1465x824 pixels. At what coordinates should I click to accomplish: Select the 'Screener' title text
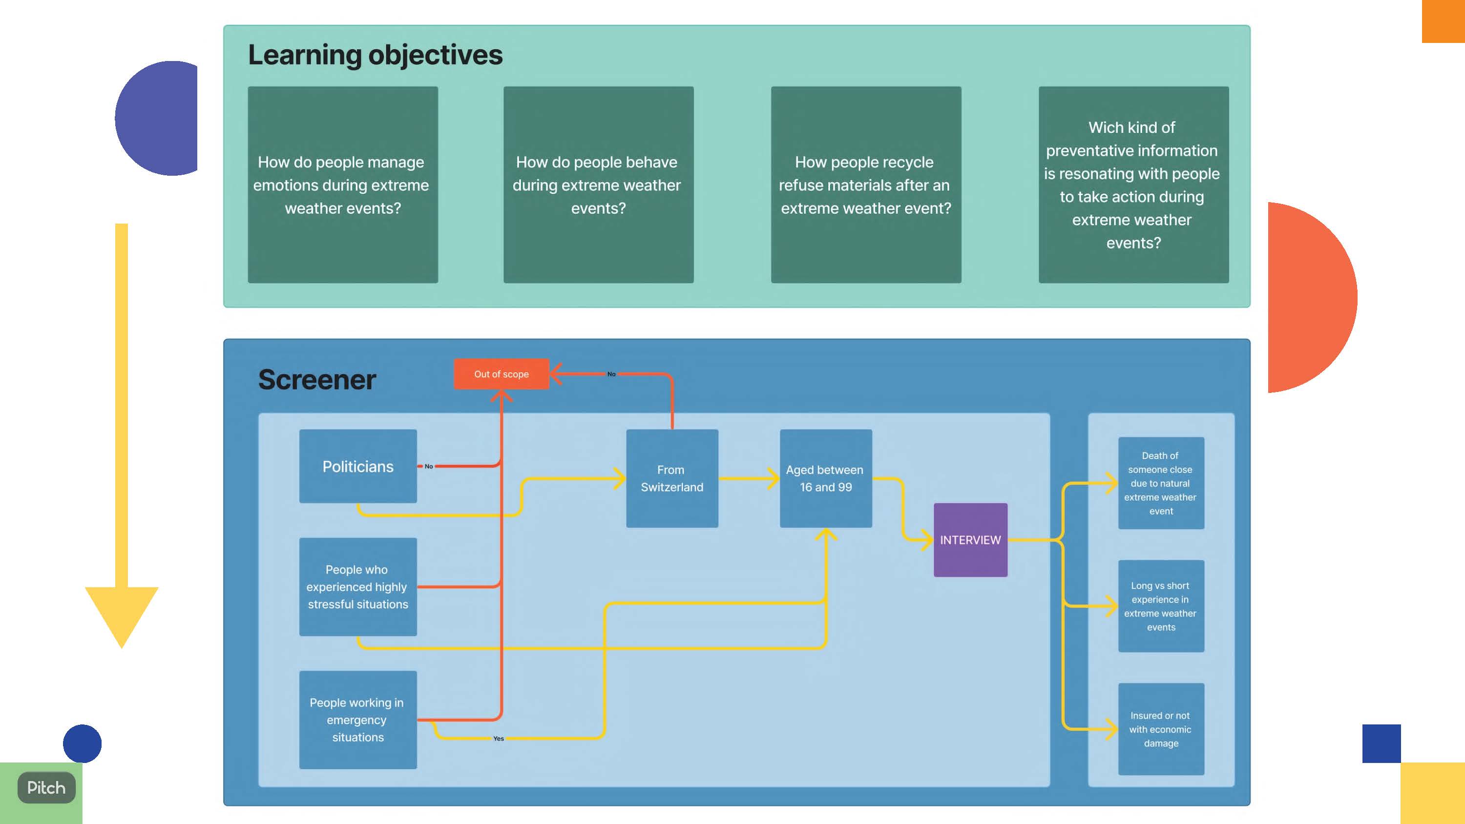(317, 379)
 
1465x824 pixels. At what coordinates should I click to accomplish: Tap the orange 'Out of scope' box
(501, 374)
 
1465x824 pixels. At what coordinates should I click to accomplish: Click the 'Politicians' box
(358, 466)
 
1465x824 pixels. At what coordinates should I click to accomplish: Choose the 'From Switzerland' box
(671, 478)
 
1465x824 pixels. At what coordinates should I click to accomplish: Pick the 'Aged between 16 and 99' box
(825, 478)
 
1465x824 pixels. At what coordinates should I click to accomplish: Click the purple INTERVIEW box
(970, 540)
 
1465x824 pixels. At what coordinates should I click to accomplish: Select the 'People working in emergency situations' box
(358, 720)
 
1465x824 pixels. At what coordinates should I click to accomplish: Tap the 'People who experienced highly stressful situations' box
(358, 586)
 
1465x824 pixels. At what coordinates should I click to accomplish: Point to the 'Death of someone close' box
(1161, 483)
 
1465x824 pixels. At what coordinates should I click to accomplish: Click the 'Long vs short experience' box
(1161, 606)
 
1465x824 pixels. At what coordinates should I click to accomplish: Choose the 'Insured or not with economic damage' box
(1161, 728)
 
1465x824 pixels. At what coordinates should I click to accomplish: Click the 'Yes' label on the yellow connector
(498, 738)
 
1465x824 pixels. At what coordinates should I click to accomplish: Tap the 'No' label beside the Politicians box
(429, 466)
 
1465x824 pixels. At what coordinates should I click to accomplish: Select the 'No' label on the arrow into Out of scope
(611, 374)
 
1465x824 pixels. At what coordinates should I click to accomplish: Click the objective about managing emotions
(342, 185)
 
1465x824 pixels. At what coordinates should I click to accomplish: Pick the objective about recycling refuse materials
(866, 185)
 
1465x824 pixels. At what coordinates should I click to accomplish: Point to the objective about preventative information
(1133, 185)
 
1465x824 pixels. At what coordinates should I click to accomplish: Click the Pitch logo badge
(46, 787)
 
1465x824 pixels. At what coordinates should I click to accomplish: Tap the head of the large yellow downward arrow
(121, 614)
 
